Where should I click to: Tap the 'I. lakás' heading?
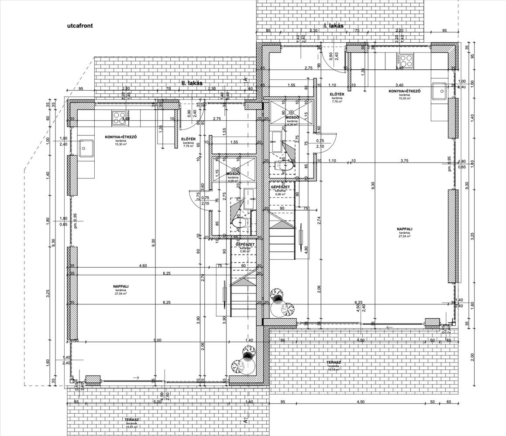coord(334,26)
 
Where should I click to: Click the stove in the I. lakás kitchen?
coord(407,60)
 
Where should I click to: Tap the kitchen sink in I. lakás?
coord(439,91)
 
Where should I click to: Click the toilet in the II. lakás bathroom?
coord(240,223)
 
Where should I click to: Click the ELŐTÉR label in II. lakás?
coord(188,140)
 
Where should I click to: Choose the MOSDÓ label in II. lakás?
coord(232,174)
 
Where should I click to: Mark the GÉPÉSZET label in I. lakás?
coord(278,187)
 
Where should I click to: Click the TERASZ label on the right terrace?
coord(333,362)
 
